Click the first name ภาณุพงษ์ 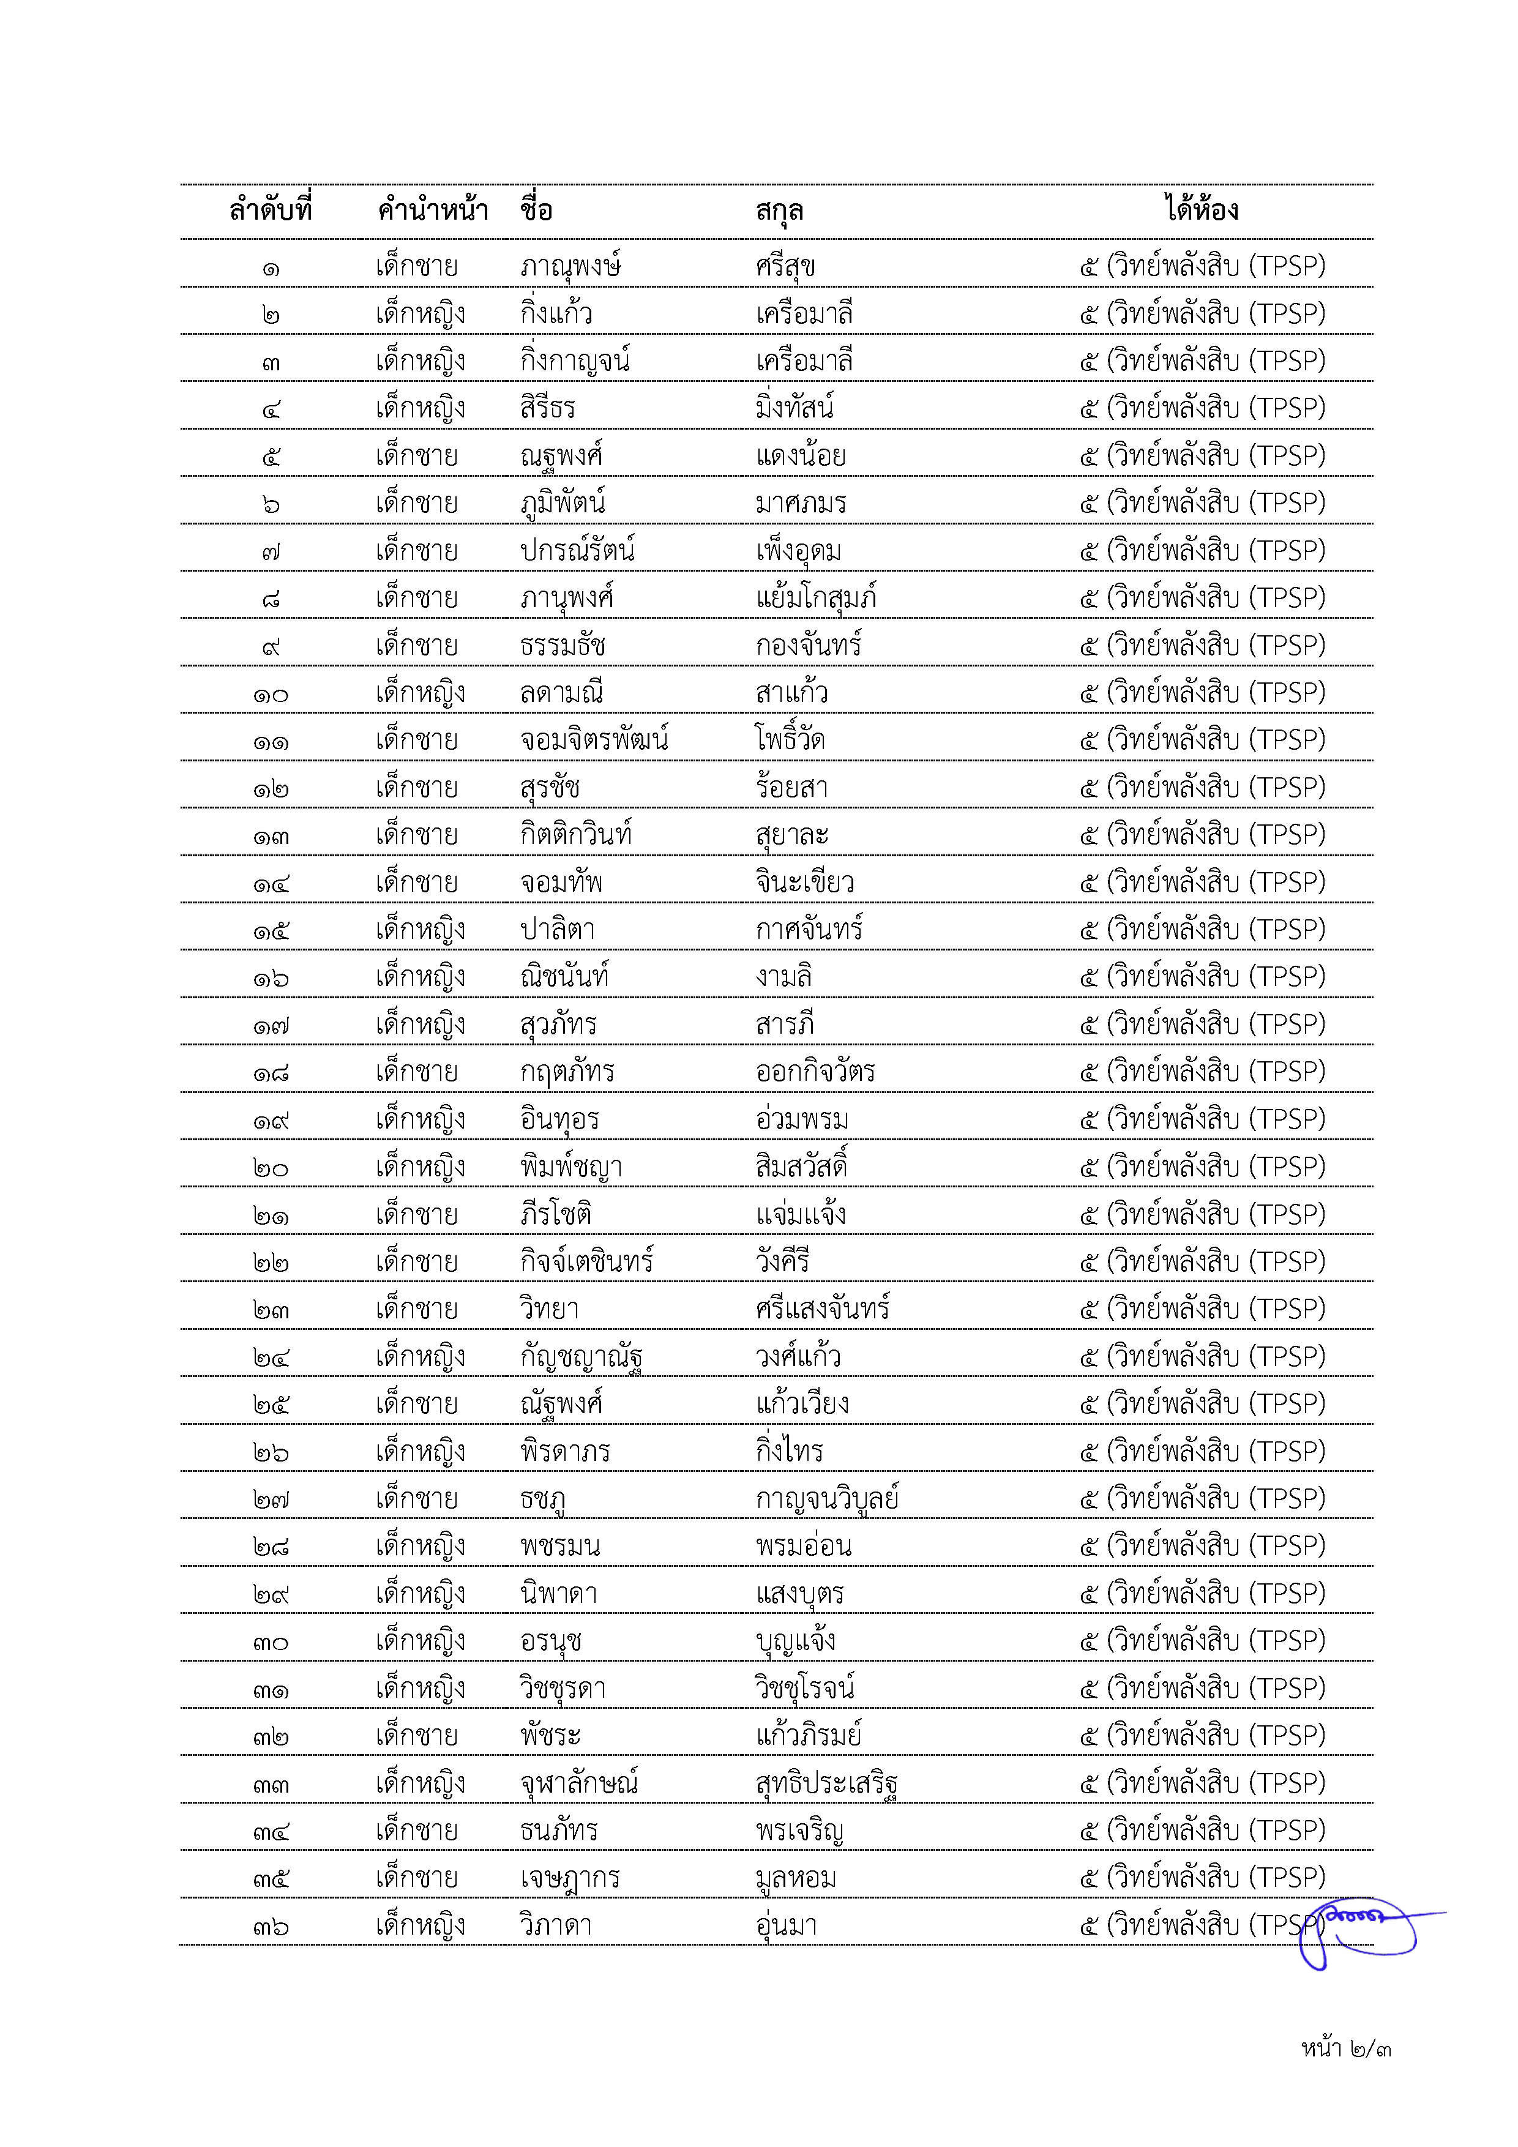pos(570,266)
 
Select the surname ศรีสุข pos(786,266)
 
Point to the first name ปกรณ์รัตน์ pos(577,550)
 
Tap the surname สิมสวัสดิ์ pos(802,1166)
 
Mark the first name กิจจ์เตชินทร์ pos(586,1261)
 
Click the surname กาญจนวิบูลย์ pos(827,1499)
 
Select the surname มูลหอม pos(796,1878)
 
